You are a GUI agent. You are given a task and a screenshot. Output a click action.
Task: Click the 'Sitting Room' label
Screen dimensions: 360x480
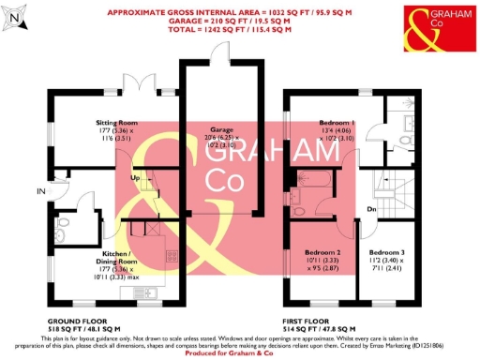coord(117,123)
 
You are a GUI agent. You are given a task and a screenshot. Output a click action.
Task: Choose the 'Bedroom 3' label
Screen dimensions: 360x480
coord(386,253)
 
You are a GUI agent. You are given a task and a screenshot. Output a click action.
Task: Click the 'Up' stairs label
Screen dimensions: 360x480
coord(134,177)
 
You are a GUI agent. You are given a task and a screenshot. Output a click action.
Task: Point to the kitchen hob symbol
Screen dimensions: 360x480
coord(172,256)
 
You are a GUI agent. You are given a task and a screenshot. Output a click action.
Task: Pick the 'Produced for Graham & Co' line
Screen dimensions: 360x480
coord(240,353)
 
